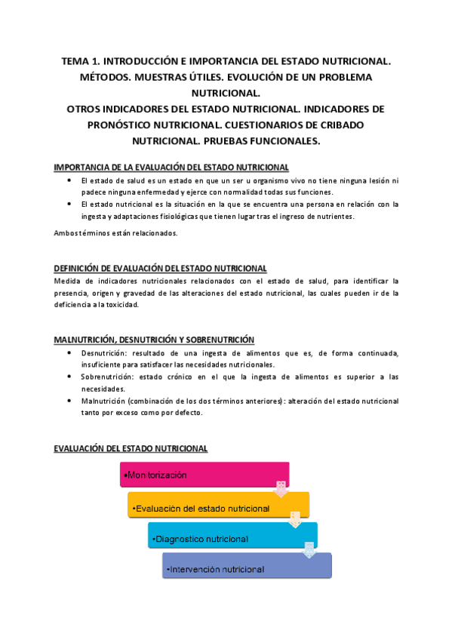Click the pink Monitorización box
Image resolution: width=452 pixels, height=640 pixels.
click(204, 475)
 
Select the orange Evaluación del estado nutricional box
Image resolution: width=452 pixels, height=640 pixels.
click(218, 507)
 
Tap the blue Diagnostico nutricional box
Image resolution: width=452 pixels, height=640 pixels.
click(232, 538)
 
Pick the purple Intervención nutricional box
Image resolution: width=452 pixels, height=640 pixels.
click(246, 568)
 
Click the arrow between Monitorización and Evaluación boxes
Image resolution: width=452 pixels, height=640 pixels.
click(281, 489)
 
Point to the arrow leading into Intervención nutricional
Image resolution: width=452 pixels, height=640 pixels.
click(309, 551)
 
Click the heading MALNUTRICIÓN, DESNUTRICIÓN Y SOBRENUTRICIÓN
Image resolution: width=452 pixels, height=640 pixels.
click(154, 340)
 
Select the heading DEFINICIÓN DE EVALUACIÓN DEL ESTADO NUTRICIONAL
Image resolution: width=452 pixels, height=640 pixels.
click(160, 268)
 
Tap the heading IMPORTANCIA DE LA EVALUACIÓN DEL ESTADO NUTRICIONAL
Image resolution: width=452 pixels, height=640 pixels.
click(171, 166)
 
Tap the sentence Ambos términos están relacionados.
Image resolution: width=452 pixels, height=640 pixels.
click(115, 232)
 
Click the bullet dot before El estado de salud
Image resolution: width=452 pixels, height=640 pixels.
click(69, 181)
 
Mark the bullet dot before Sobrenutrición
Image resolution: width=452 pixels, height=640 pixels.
click(69, 376)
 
